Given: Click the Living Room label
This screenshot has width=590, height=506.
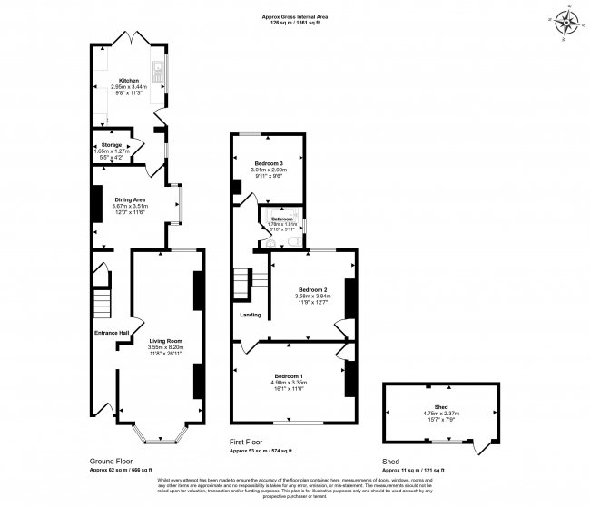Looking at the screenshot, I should click(165, 340).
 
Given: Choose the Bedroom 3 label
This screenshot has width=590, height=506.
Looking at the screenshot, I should click(269, 162).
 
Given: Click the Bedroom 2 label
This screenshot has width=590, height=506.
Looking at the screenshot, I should click(312, 290).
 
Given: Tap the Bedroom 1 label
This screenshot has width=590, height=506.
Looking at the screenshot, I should click(290, 375).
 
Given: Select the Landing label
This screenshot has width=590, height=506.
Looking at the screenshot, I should click(251, 315).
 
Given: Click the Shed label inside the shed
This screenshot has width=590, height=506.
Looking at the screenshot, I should click(438, 407).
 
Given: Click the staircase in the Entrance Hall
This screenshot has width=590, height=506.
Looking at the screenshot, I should click(103, 297).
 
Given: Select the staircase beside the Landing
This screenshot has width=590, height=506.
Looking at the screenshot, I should click(242, 281).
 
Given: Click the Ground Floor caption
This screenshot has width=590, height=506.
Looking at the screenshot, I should click(111, 461).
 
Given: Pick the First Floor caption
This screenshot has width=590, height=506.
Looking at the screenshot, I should click(249, 442).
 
